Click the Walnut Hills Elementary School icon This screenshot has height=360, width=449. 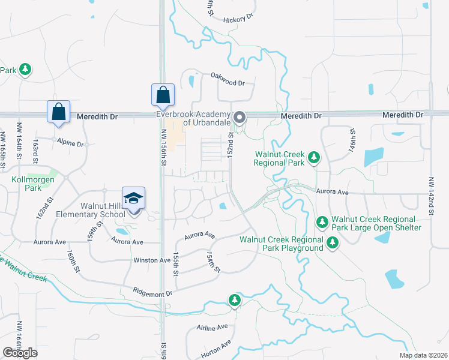point(134,199)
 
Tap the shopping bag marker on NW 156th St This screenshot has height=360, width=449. point(163,95)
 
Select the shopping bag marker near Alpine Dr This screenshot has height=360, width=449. point(58,112)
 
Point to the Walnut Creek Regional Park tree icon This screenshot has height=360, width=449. point(313,158)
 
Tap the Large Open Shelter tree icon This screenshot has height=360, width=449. point(322,223)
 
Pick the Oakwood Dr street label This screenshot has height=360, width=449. point(228,83)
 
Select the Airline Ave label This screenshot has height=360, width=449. point(212,328)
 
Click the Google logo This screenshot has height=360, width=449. point(20,353)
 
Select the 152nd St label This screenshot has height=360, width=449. point(231,146)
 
